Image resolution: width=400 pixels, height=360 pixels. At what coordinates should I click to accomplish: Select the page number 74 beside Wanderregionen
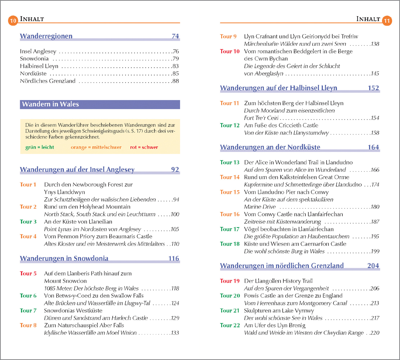[x=175, y=36]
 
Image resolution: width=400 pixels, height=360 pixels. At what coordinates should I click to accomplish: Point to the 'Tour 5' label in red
[x=28, y=274]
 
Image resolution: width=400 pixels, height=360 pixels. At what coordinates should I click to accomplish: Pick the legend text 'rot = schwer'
[x=144, y=147]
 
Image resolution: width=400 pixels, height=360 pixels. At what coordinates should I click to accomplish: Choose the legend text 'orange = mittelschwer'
[x=96, y=147]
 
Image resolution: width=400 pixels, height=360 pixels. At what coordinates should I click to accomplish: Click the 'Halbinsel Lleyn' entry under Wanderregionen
[x=39, y=66]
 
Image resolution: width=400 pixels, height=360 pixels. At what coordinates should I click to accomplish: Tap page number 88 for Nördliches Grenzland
[x=176, y=81]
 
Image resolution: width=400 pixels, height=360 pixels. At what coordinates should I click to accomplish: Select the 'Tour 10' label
[x=230, y=51]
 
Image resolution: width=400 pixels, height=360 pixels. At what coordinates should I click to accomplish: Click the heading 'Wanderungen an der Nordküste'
[x=270, y=147]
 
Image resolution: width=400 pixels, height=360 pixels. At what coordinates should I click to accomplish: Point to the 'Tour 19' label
[x=230, y=281]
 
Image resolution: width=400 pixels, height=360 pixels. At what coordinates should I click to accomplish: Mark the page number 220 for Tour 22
[x=374, y=333]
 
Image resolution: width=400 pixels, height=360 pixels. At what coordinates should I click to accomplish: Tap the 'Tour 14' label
[x=230, y=177]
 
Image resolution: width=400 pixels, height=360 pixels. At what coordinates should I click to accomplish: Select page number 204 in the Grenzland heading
[x=373, y=266]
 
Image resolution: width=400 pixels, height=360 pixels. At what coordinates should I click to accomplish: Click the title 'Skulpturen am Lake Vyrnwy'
[x=279, y=311]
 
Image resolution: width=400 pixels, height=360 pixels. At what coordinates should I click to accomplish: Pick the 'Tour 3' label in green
[x=28, y=222]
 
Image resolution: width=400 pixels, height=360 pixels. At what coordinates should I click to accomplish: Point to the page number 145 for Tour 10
[x=374, y=74]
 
